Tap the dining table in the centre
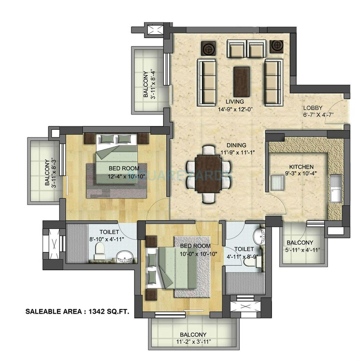coord(208,173)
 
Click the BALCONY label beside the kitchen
coord(300,242)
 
